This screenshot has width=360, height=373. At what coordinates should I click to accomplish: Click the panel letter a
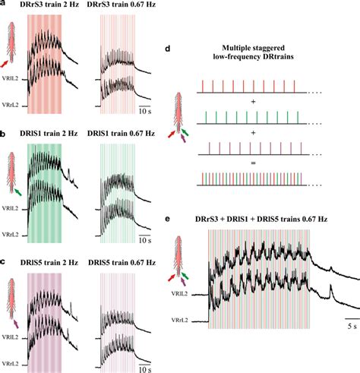pyautogui.click(x=4, y=5)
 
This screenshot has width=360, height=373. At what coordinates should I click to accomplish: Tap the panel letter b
pyautogui.click(x=4, y=131)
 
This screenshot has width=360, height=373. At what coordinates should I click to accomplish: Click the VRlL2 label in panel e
pyautogui.click(x=178, y=289)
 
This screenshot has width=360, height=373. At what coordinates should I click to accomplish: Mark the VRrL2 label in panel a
pyautogui.click(x=11, y=105)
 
